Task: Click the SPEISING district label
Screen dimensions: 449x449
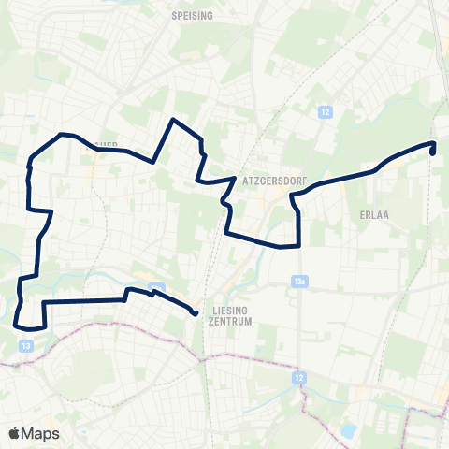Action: [x=193, y=16]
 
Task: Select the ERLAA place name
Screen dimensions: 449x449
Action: [x=374, y=213]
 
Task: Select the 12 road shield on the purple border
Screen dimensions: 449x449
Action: [x=299, y=377]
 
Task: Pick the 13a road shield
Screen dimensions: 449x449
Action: [x=299, y=280]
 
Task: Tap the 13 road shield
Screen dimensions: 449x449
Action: [x=22, y=345]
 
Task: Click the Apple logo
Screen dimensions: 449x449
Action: [x=14, y=433]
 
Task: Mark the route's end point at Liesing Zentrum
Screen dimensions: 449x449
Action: [x=196, y=313]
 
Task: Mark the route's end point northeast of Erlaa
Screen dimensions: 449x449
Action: [x=433, y=148]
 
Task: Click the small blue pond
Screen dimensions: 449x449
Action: [x=349, y=431]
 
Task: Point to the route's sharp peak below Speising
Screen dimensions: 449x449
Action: [x=172, y=120]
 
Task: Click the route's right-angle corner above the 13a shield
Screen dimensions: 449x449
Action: [x=297, y=246]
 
